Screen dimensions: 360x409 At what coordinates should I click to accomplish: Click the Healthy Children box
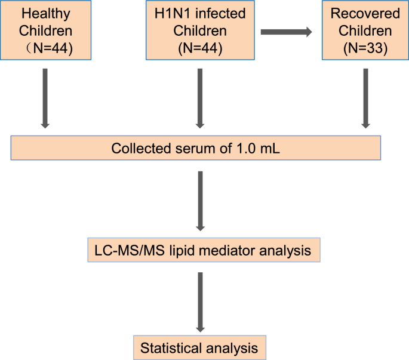(x=45, y=30)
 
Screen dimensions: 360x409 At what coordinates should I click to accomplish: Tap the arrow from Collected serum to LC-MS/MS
(x=201, y=201)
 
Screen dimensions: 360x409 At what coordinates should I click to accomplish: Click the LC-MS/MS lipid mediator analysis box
(x=203, y=251)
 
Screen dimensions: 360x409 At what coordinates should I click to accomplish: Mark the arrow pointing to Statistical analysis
(x=201, y=303)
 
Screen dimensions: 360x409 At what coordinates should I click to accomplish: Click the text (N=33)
(x=365, y=50)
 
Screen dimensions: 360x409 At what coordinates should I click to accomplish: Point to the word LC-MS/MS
(x=120, y=251)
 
